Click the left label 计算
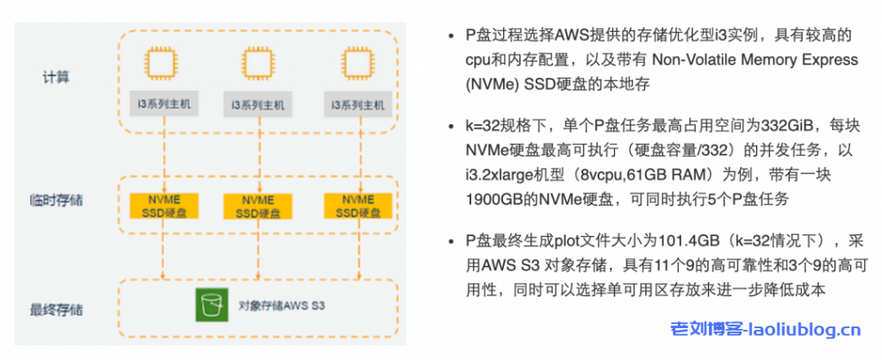pos(55,78)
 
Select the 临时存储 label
pos(55,201)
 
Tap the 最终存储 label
pos(55,308)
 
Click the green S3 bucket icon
pos(208,305)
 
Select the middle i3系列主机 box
pos(257,106)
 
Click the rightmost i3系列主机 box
pos(356,106)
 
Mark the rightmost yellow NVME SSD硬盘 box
pos(355,205)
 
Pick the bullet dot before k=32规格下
pos(450,126)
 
